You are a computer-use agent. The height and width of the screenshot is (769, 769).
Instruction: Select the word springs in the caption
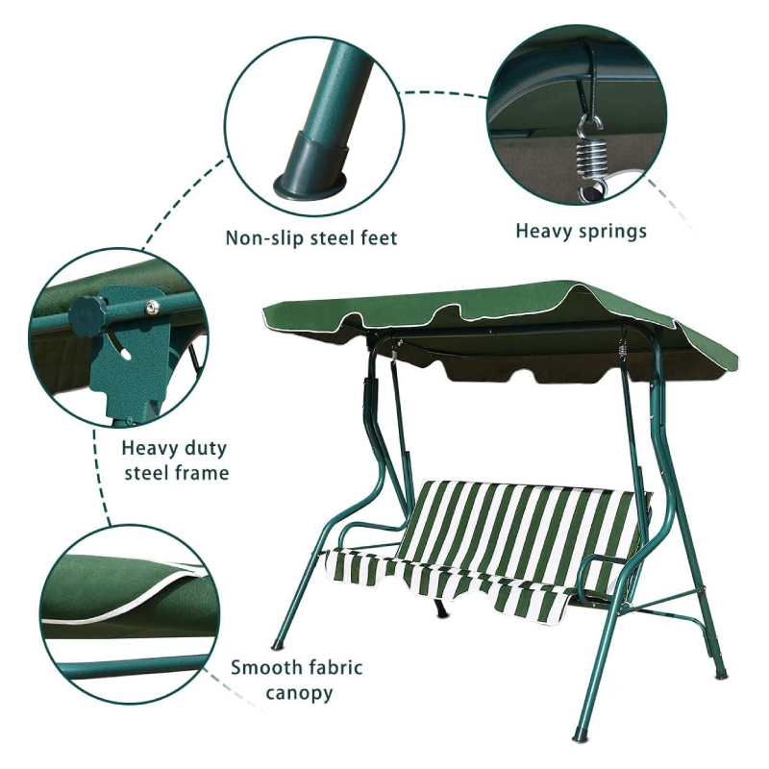click(613, 232)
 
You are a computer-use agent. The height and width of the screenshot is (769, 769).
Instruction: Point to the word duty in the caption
click(207, 449)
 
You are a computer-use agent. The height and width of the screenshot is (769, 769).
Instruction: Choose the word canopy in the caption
click(299, 694)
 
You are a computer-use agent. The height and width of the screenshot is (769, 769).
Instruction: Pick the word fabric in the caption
click(335, 667)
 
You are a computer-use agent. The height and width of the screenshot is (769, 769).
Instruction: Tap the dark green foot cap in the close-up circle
click(311, 163)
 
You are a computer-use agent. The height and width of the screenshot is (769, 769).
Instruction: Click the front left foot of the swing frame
click(278, 642)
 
